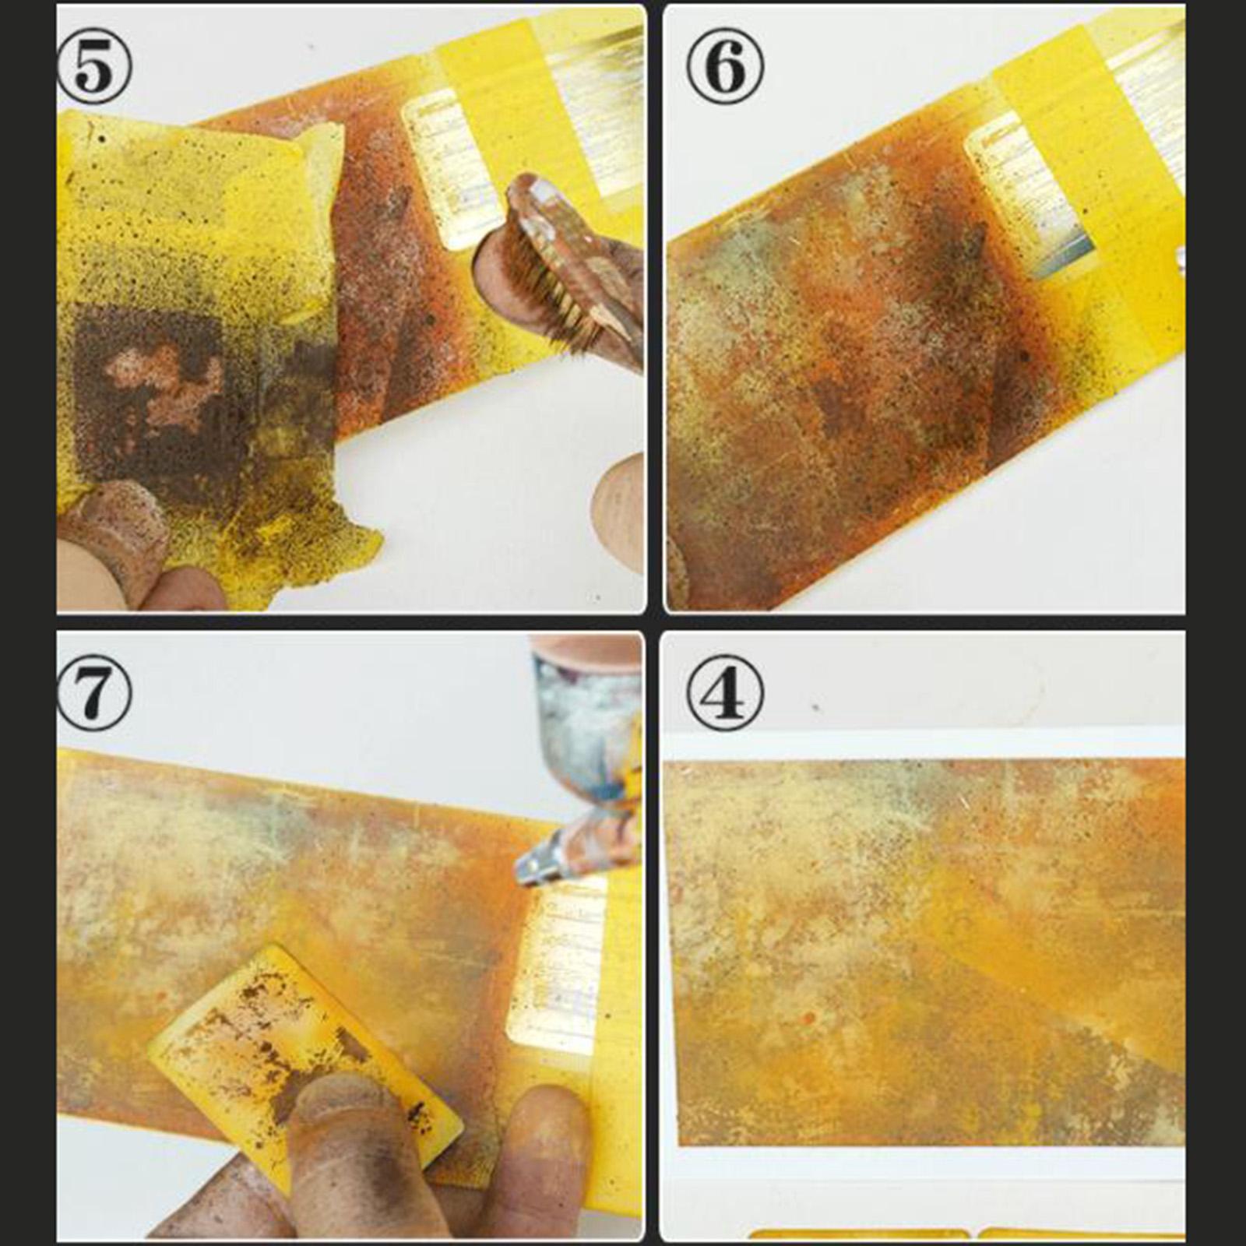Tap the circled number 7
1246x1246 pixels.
click(94, 692)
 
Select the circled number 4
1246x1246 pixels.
click(723, 692)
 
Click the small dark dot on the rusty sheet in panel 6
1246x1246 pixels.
click(1025, 357)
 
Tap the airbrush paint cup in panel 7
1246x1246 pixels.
click(584, 716)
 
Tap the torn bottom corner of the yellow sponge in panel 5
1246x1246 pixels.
click(343, 545)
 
